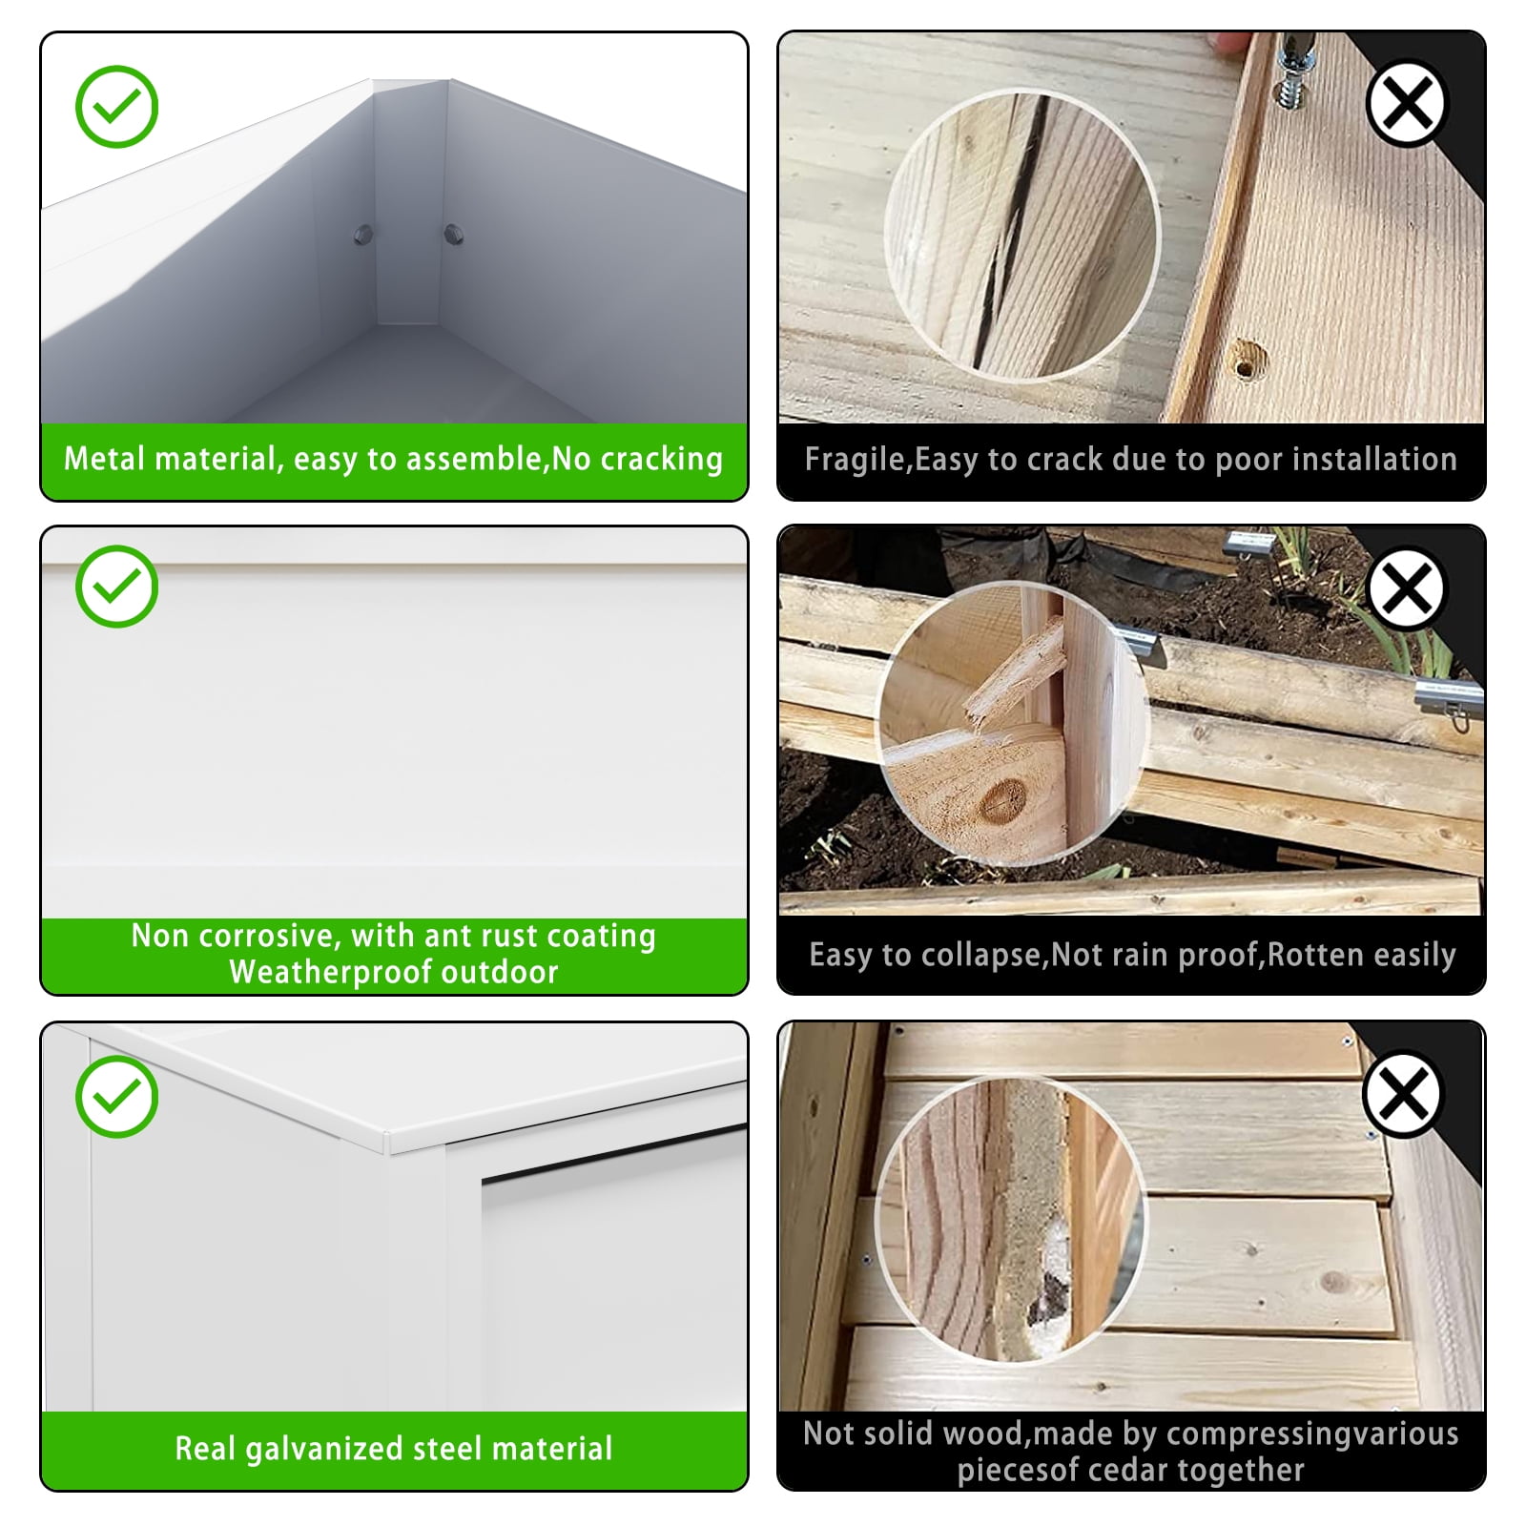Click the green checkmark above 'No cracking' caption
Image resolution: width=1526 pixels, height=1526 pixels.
tap(116, 106)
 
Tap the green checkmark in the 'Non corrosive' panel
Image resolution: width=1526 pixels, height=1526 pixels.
tap(116, 586)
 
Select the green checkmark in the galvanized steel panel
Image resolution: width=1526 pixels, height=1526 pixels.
tap(116, 1097)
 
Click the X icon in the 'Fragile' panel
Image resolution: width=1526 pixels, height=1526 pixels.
tap(1406, 103)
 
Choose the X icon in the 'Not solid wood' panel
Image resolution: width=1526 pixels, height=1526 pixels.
tap(1403, 1094)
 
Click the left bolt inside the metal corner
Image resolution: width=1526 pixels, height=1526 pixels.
tap(363, 234)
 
